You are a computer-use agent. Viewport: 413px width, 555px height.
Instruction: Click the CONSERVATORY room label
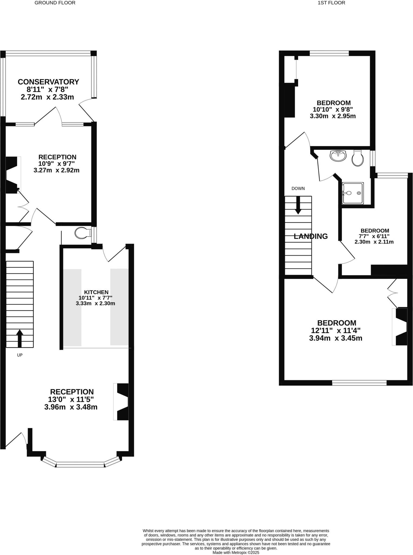[x=48, y=82]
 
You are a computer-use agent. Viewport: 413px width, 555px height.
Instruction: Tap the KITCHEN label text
[x=96, y=292]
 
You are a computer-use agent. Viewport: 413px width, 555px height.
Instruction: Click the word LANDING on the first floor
[x=311, y=236]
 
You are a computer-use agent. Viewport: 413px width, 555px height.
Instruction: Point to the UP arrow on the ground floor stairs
[x=19, y=338]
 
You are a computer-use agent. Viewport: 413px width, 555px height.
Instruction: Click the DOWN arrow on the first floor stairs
[x=298, y=205]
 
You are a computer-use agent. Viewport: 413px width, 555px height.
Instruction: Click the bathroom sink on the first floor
[x=338, y=156]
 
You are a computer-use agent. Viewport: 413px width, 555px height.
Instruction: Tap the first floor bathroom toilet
[x=358, y=158]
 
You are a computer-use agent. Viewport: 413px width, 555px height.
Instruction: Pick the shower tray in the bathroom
[x=353, y=193]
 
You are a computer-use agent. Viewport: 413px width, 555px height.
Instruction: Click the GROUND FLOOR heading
[x=55, y=3]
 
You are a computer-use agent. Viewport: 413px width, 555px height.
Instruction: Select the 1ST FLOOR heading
[x=331, y=3]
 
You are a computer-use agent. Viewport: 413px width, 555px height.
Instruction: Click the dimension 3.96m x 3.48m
[x=71, y=407]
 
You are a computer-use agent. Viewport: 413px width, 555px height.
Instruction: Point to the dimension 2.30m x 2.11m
[x=374, y=242]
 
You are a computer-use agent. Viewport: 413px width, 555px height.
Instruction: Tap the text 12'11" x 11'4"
[x=336, y=331]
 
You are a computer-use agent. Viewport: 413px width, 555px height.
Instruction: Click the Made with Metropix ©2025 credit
[x=236, y=553]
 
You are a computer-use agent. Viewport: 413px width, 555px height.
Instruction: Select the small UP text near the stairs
[x=20, y=355]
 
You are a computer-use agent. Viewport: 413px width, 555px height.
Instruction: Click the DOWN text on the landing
[x=298, y=188]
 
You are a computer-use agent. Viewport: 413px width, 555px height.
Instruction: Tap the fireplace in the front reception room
[x=121, y=402]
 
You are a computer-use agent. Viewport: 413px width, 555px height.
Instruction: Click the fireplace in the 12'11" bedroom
[x=400, y=327]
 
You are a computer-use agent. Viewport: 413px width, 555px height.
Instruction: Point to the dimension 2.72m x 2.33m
[x=47, y=97]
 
